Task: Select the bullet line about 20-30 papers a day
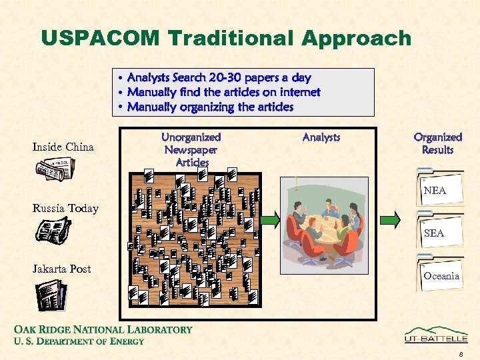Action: (219, 78)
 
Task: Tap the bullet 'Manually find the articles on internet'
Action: (223, 92)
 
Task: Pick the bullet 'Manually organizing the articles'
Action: (210, 107)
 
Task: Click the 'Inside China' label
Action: (63, 147)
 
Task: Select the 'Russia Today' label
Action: (65, 209)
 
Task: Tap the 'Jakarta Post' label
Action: (62, 269)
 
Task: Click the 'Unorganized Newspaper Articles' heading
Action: (191, 149)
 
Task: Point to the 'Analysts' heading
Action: (321, 137)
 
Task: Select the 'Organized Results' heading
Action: (437, 143)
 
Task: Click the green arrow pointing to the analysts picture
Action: (271, 219)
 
